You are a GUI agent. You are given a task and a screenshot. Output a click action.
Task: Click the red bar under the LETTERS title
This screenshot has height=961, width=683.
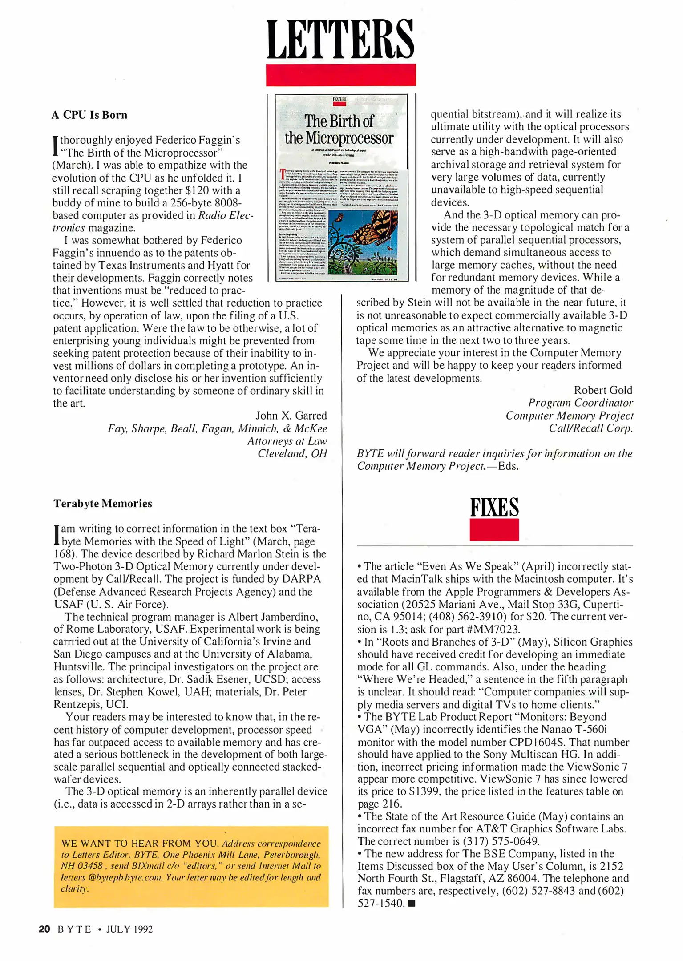coord(340,75)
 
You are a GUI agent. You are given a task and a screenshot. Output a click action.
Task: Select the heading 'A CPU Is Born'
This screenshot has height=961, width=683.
coord(89,115)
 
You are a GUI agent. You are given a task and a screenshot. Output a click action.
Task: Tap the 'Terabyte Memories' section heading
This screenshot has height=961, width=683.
coord(103,504)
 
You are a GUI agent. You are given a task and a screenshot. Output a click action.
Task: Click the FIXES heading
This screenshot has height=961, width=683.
coord(494,508)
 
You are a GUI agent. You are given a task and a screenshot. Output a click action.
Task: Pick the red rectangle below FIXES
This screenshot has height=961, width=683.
coord(494,529)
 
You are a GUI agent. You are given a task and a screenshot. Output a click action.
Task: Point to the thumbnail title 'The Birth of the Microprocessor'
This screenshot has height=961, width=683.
coord(339,129)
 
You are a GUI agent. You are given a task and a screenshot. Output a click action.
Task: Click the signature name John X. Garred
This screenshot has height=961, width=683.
coord(291,416)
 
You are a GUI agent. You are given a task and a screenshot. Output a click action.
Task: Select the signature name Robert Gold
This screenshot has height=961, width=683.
coord(602,390)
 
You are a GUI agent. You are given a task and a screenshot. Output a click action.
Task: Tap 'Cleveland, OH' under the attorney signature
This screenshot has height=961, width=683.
coord(292,453)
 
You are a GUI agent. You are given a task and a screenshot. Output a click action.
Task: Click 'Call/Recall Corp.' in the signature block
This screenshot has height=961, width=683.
coord(590,428)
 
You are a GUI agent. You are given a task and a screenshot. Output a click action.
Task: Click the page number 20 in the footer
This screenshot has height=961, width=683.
coord(44,929)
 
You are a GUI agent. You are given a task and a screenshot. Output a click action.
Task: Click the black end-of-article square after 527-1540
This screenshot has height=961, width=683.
coord(412,904)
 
